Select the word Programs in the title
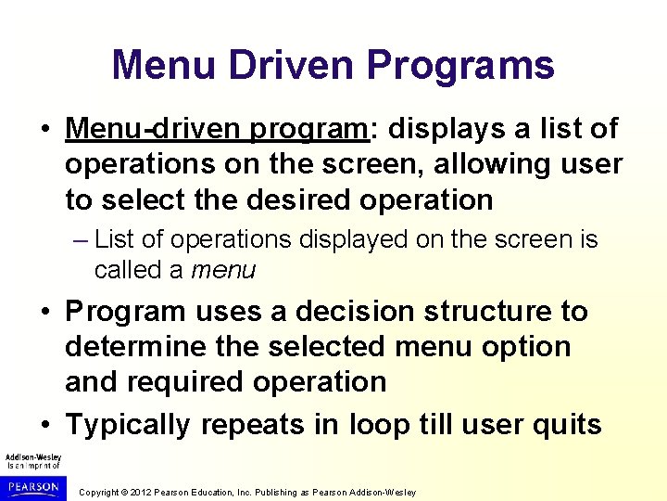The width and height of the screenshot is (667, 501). pyautogui.click(x=460, y=66)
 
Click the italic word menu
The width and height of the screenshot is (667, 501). pyautogui.click(x=222, y=270)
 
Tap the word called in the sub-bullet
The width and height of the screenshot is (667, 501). pyautogui.click(x=139, y=270)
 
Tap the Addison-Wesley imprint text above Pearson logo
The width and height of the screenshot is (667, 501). pyautogui.click(x=33, y=460)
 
